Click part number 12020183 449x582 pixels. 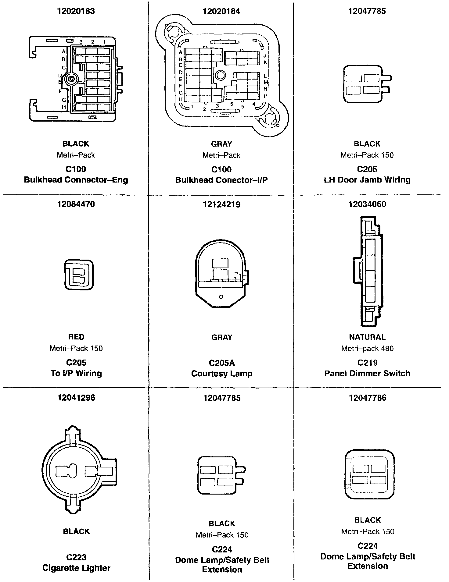pyautogui.click(x=76, y=11)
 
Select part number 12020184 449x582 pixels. pyautogui.click(x=221, y=11)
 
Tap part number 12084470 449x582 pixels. pyautogui.click(x=76, y=204)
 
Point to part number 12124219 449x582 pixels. pyautogui.click(x=221, y=204)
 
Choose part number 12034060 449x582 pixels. pyautogui.click(x=367, y=204)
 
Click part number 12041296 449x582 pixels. pyautogui.click(x=76, y=398)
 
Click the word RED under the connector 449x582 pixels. pyautogui.click(x=76, y=337)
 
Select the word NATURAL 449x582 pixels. pyautogui.click(x=367, y=337)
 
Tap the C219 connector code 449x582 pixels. pyautogui.click(x=367, y=363)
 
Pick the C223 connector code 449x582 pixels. pyautogui.click(x=76, y=557)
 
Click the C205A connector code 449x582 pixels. pyautogui.click(x=221, y=363)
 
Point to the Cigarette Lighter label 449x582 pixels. pyautogui.click(x=76, y=568)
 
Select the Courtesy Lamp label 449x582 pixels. pyautogui.click(x=221, y=374)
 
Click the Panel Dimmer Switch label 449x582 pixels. pyautogui.click(x=367, y=374)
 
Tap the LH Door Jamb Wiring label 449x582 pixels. pyautogui.click(x=367, y=180)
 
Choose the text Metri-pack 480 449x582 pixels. pyautogui.click(x=367, y=348)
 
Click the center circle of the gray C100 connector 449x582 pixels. pyautogui.click(x=220, y=75)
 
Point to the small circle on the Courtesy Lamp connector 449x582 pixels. pyautogui.click(x=221, y=297)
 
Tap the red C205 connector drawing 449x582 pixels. pyautogui.click(x=79, y=275)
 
